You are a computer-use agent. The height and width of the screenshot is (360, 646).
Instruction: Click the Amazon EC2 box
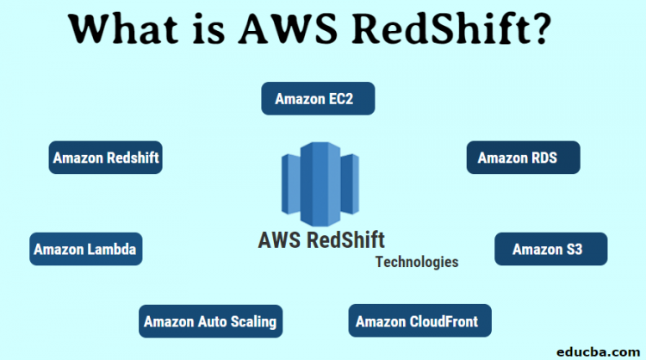[x=318, y=98]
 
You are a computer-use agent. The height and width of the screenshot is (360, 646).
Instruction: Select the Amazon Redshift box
[x=105, y=158]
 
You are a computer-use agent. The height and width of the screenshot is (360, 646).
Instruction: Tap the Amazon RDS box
[x=523, y=158]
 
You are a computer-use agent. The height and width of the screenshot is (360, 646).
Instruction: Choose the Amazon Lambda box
[x=85, y=249]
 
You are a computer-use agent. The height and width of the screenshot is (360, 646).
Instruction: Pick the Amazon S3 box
[x=550, y=249]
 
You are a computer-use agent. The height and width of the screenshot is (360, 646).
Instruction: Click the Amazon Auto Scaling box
[x=210, y=321]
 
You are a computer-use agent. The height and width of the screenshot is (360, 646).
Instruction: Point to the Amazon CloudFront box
[x=419, y=321]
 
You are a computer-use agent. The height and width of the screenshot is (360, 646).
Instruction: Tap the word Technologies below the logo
[x=417, y=262]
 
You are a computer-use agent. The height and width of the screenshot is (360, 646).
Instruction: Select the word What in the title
[x=126, y=32]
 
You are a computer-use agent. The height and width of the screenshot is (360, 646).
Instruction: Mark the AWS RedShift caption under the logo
[x=321, y=239]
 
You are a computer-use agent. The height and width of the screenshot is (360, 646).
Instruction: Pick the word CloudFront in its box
[x=444, y=321]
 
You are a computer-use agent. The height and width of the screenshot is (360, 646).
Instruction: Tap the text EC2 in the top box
[x=340, y=98]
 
